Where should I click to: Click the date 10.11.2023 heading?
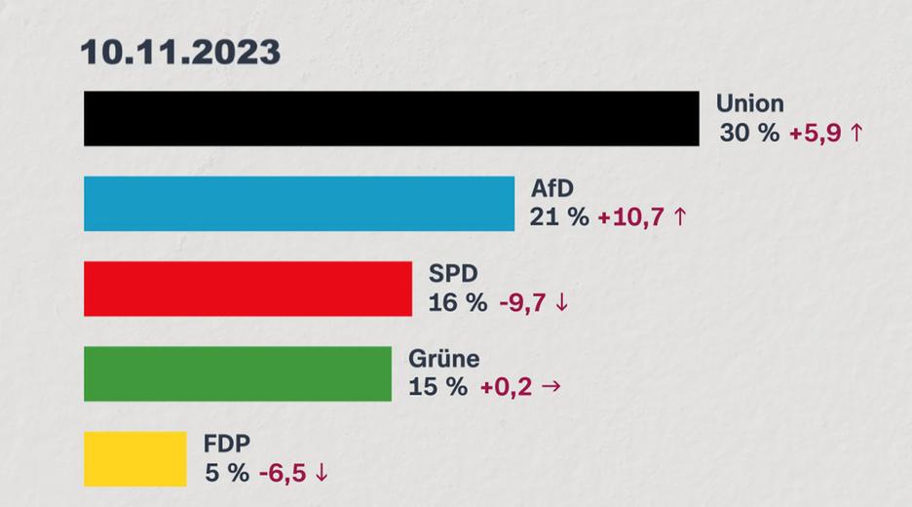point(180,52)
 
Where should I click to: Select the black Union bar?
point(391,119)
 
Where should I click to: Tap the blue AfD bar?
point(298,204)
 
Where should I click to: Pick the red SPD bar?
point(247,289)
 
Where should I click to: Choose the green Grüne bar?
point(237,373)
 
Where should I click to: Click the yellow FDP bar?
point(134,458)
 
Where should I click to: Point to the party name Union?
point(749,103)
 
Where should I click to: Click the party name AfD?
point(554,188)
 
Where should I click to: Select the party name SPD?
point(452,273)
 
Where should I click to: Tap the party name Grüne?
point(443,358)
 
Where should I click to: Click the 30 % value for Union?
point(749,134)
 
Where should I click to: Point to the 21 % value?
point(558,217)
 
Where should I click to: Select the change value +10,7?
point(630,217)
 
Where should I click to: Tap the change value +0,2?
point(505,387)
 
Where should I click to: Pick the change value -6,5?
point(283,473)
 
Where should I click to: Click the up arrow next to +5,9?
point(856,134)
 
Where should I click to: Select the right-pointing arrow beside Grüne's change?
point(551,387)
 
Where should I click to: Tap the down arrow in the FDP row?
point(322,473)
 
